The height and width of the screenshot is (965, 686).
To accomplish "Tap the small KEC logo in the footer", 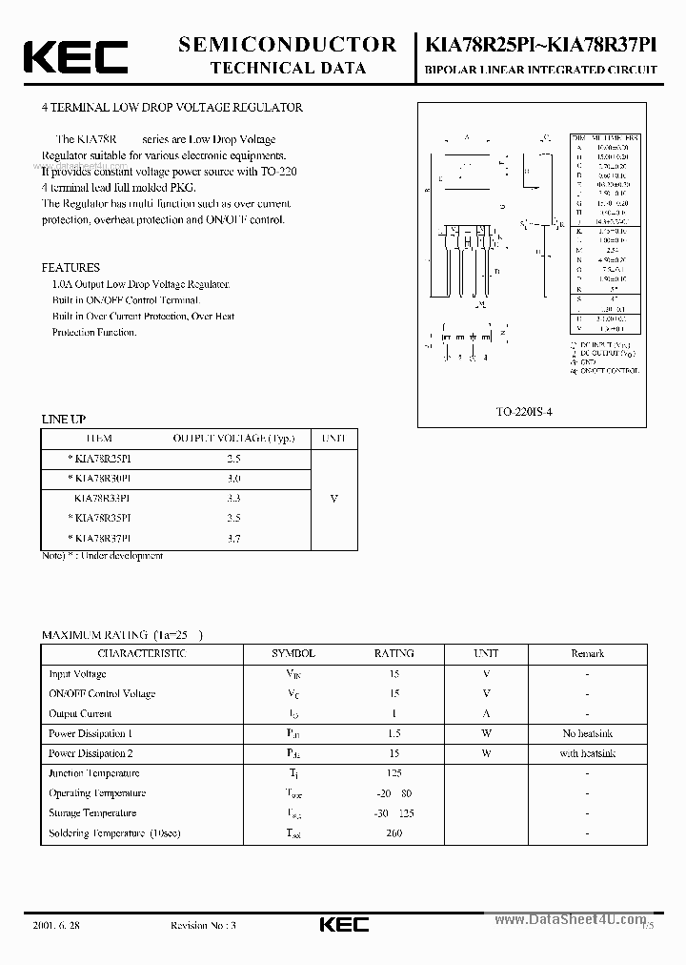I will pyautogui.click(x=342, y=924).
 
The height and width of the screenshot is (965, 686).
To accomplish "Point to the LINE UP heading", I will pyautogui.click(x=64, y=419).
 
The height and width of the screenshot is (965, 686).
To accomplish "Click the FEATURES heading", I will pyautogui.click(x=71, y=268).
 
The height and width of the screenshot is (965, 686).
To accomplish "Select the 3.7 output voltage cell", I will pyautogui.click(x=233, y=538).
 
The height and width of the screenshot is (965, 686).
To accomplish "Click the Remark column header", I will pyautogui.click(x=587, y=654).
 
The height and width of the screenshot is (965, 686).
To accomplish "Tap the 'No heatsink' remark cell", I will pyautogui.click(x=587, y=734).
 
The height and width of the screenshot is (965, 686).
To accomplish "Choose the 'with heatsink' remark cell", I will pyautogui.click(x=587, y=753).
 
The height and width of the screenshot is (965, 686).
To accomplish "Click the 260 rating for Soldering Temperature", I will pyautogui.click(x=393, y=833).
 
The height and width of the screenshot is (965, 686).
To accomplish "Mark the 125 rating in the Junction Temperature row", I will pyautogui.click(x=393, y=773).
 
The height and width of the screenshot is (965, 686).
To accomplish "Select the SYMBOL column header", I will pyautogui.click(x=293, y=654).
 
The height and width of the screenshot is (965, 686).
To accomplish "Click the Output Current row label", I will pyautogui.click(x=80, y=714).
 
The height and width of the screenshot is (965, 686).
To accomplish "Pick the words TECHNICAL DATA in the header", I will pyautogui.click(x=286, y=68).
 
